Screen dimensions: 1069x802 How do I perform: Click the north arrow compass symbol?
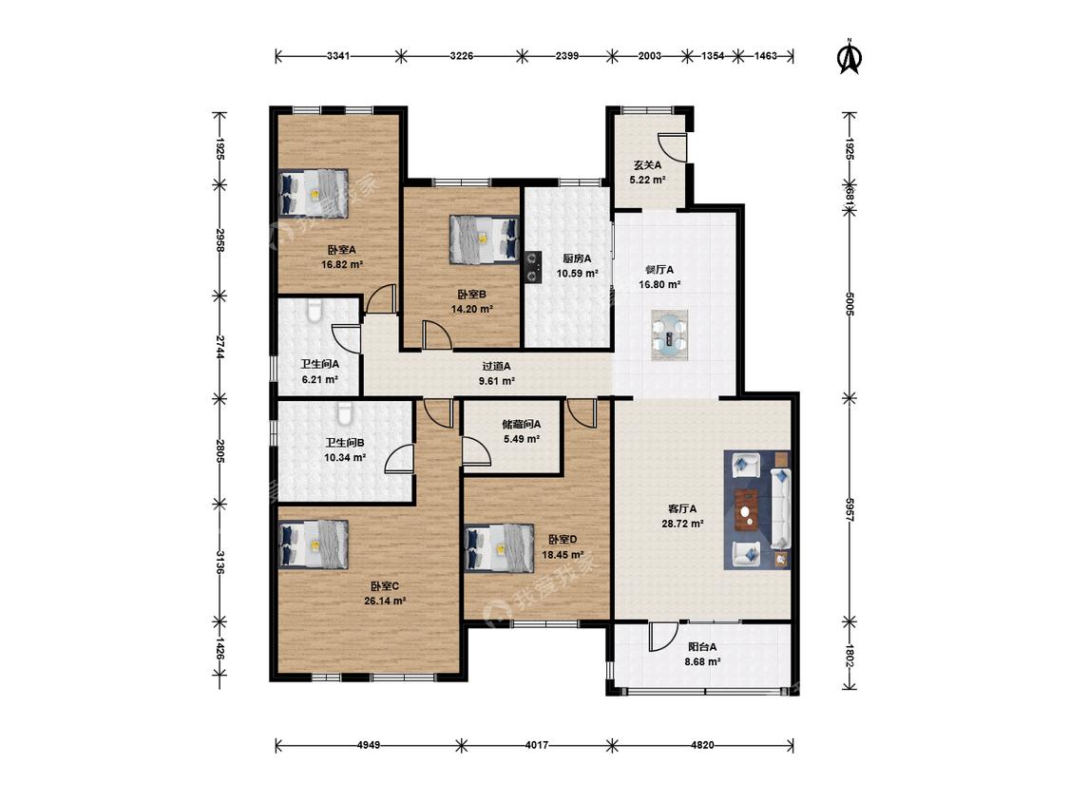[849, 57]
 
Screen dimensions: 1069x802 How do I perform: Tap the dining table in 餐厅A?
[669, 334]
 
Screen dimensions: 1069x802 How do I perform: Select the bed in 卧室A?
[314, 194]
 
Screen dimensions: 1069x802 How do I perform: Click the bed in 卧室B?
[484, 239]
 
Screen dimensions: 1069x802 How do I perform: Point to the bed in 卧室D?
[499, 548]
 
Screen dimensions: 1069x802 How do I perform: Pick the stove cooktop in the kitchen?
[532, 267]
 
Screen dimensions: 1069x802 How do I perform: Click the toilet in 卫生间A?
[314, 311]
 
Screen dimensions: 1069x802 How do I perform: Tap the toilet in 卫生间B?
[345, 412]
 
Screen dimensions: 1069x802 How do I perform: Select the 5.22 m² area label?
[647, 180]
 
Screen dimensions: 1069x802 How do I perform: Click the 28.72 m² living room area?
[682, 524]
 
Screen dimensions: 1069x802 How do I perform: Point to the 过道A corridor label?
[496, 366]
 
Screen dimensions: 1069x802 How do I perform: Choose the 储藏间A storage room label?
[522, 424]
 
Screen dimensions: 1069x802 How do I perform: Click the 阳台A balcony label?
[702, 646]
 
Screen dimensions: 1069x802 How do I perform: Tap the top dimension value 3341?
[338, 56]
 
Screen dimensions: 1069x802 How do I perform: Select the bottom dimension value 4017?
[537, 745]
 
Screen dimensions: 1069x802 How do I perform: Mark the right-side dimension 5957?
[849, 509]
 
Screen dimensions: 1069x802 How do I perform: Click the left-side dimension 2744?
[220, 347]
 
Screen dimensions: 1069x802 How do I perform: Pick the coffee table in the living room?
[748, 508]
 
